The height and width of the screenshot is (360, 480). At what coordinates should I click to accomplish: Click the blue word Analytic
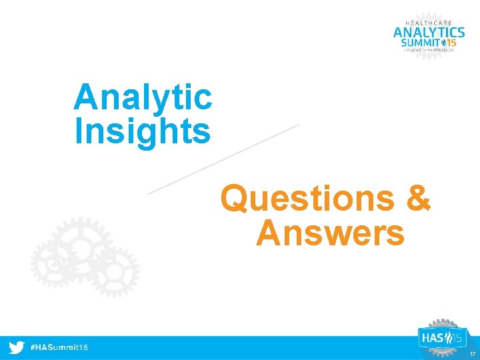click(143, 97)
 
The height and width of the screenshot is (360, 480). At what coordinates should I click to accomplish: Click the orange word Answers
click(330, 233)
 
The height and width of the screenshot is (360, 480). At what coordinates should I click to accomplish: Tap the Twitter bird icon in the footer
click(17, 348)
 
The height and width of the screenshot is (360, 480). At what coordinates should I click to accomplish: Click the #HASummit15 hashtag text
click(60, 348)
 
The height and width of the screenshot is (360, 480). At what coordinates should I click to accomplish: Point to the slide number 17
click(471, 354)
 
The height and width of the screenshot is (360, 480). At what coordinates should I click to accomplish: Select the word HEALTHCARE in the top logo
click(429, 23)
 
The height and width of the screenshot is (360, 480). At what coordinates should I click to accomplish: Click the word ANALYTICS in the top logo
click(429, 33)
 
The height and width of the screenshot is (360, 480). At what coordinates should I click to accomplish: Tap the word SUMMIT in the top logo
click(419, 44)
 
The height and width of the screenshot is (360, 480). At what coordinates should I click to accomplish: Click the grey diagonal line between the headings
click(223, 159)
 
